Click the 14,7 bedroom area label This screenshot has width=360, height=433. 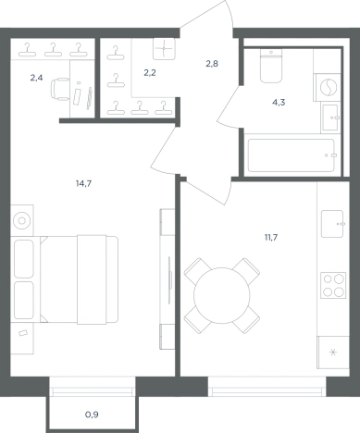click(83, 184)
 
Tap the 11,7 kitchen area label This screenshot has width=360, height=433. click(271, 238)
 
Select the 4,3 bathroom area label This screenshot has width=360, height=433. click(279, 103)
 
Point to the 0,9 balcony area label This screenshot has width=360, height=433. click(92, 414)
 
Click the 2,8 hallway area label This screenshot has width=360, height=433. click(212, 64)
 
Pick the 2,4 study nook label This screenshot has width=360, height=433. click(36, 78)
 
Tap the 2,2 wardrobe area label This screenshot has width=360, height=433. click(150, 73)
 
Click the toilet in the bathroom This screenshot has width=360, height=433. click(271, 66)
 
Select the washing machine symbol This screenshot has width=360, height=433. click(328, 87)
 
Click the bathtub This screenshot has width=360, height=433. click(291, 155)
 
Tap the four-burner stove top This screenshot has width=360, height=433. click(333, 285)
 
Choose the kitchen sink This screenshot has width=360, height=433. click(332, 224)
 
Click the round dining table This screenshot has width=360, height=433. click(222, 295)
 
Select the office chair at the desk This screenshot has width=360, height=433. click(60, 89)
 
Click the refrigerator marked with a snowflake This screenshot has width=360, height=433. click(333, 353)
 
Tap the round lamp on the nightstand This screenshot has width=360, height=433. click(21, 220)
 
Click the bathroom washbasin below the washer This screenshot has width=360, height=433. click(330, 118)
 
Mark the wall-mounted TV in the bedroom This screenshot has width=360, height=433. click(169, 278)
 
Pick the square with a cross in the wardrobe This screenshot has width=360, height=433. click(164, 49)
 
